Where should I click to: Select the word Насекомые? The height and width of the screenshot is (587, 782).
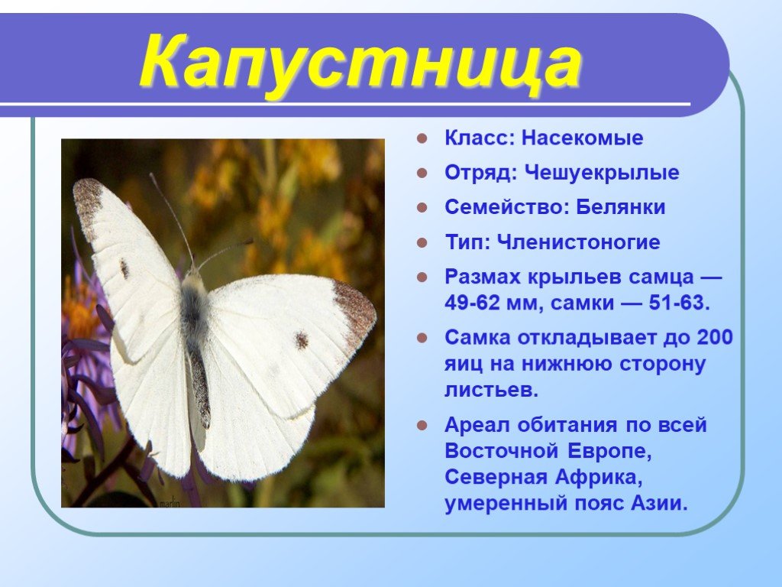pos(582,138)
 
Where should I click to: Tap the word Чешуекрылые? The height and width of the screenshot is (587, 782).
pos(602,173)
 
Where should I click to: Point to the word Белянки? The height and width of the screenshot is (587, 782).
pos(620,207)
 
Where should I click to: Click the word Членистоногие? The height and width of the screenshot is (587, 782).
pos(579,242)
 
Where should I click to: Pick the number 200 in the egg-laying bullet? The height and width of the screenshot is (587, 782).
pos(715,337)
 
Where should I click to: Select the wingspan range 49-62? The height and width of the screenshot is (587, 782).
pos(472,303)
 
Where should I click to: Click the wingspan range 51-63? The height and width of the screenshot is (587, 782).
pos(679,303)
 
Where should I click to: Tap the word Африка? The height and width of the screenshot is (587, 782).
pos(599,477)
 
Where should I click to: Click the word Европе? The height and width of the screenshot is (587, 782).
pos(609,451)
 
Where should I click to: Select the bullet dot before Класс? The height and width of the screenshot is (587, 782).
pos(422,138)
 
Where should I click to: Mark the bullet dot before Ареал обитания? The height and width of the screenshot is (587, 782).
pos(422,426)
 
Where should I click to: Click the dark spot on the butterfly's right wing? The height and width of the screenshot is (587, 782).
pos(301,340)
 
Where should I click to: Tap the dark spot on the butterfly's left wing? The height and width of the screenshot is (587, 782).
pos(124,268)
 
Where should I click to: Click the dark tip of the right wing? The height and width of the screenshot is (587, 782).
pos(356,310)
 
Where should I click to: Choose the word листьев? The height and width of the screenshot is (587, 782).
pos(491,389)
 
